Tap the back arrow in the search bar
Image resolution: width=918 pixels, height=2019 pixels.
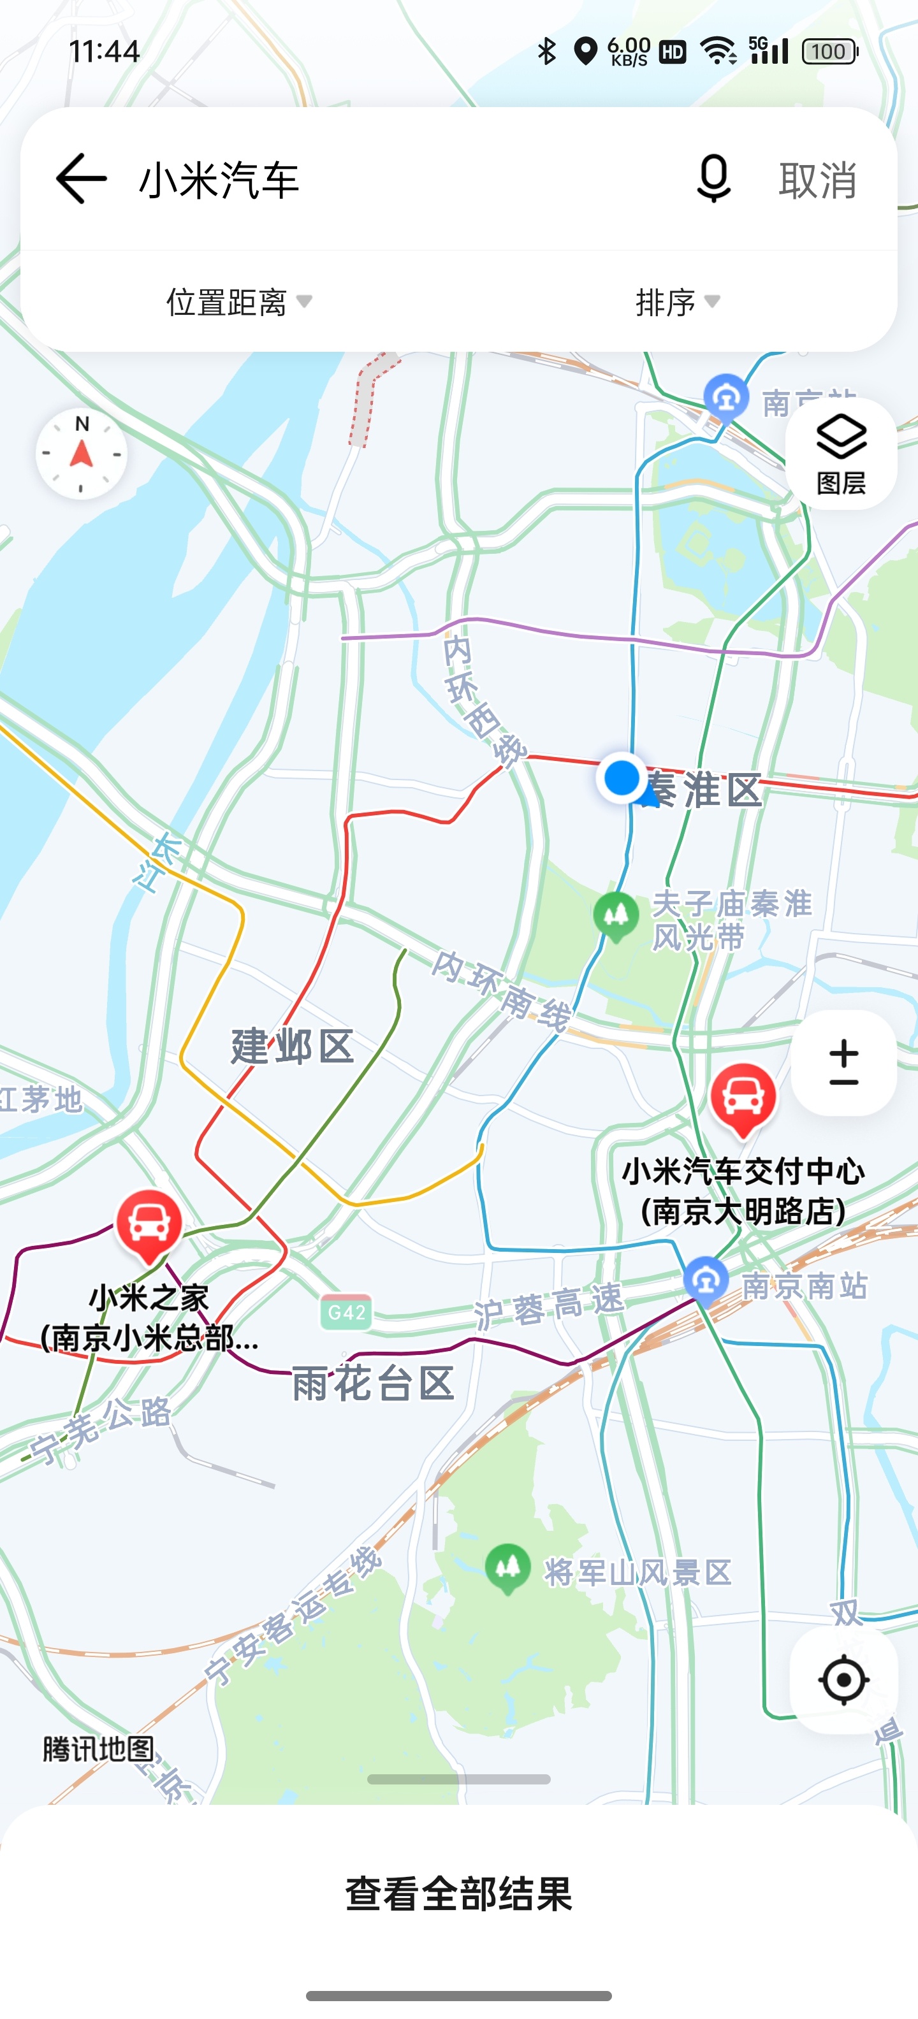(82, 180)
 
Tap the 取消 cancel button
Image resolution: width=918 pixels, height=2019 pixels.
(818, 180)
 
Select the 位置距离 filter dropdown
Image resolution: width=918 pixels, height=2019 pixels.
(238, 301)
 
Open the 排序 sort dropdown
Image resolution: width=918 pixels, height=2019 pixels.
(677, 301)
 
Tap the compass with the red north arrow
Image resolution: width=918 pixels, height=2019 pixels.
(82, 454)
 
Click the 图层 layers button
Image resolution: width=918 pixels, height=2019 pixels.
(841, 454)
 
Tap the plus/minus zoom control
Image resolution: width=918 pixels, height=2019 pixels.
(843, 1063)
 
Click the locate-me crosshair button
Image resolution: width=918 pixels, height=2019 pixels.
(843, 1679)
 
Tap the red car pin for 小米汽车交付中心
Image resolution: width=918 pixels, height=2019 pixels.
(743, 1098)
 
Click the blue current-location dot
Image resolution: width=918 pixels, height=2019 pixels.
(622, 778)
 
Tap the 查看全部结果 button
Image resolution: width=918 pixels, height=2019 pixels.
(458, 1893)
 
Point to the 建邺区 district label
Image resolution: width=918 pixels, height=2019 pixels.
(293, 1046)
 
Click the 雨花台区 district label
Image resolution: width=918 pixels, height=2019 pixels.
(373, 1382)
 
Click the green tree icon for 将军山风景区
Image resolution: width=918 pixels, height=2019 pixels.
(508, 1568)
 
